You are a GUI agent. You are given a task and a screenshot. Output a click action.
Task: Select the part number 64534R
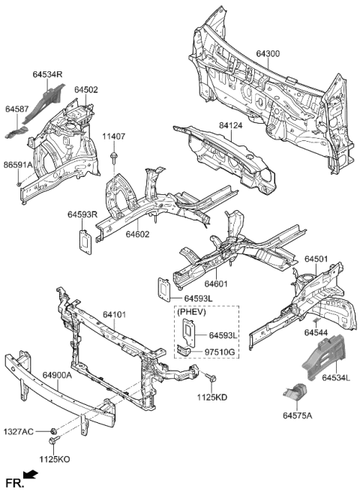tap(48, 74)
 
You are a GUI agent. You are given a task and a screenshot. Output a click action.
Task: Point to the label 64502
tap(86, 90)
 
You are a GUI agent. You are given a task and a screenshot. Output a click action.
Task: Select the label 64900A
tap(57, 375)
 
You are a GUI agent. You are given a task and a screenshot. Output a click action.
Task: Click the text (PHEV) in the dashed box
tap(192, 311)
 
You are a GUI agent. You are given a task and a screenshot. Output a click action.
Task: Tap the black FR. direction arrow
tap(30, 475)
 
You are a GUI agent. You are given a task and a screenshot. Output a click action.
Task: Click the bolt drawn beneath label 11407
tap(113, 157)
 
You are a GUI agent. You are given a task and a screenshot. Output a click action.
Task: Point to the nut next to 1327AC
tap(55, 430)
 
